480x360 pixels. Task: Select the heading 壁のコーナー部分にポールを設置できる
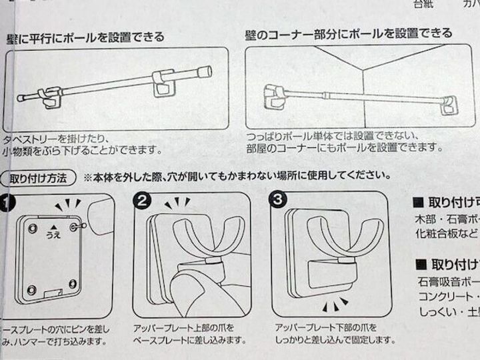coord(347,33)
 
